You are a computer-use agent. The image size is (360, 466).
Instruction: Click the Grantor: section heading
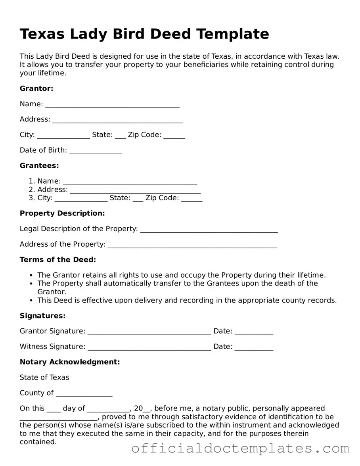(36, 88)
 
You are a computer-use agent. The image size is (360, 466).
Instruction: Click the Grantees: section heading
(39, 165)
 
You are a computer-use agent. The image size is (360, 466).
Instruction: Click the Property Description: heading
(62, 213)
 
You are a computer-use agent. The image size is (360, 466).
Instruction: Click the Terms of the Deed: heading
(58, 260)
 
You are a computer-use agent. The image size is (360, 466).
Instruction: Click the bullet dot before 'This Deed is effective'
(31, 300)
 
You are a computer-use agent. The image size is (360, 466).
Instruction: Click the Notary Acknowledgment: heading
(70, 362)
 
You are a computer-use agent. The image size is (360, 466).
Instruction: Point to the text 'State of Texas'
(44, 377)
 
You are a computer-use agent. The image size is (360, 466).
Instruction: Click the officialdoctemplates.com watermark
(240, 449)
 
